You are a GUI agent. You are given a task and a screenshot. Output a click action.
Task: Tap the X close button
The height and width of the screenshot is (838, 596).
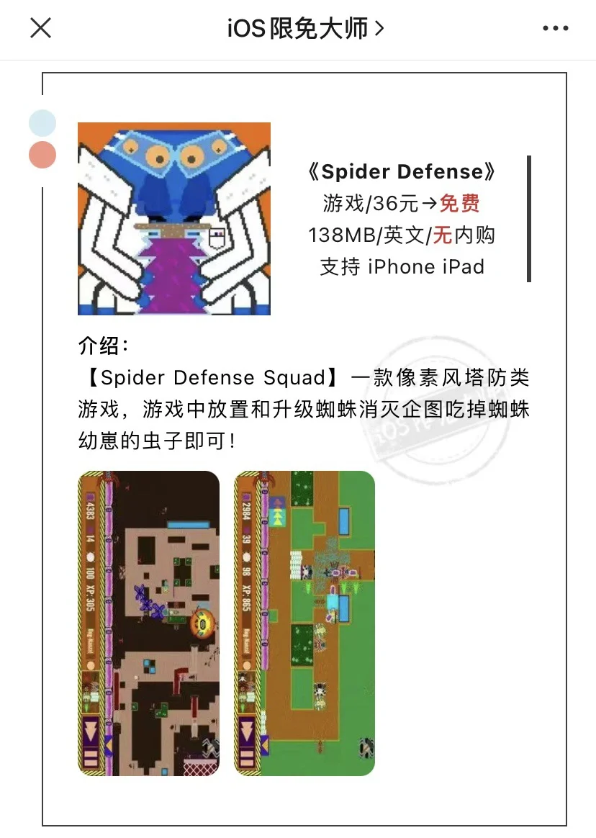point(40,28)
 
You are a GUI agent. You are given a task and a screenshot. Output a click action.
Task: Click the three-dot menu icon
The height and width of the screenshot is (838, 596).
point(555,29)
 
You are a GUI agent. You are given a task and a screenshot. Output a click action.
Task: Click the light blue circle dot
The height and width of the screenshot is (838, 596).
point(42,123)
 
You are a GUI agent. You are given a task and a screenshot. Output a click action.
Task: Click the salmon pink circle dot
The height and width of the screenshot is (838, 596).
point(42,155)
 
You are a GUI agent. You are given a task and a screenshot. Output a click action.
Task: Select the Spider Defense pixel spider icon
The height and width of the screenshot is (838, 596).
point(174,218)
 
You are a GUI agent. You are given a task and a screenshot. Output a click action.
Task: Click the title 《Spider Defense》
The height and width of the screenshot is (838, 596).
point(402,171)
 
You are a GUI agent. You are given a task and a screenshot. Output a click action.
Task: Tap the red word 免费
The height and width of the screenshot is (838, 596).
point(459,204)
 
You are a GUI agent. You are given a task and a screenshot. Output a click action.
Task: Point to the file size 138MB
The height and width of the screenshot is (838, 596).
point(340,235)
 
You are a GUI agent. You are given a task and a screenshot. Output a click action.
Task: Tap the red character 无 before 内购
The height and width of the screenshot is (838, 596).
point(443,235)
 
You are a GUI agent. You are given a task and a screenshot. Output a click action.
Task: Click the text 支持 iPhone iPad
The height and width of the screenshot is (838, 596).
point(402,267)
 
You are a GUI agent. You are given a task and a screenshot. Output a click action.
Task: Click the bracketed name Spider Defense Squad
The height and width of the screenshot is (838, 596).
point(213,378)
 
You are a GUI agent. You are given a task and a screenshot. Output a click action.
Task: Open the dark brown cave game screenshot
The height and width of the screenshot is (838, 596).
point(149,623)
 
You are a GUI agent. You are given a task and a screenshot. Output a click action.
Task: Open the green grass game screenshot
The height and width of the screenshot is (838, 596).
point(304,623)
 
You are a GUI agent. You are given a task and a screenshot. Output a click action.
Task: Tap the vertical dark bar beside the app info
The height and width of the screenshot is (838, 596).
point(529,219)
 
